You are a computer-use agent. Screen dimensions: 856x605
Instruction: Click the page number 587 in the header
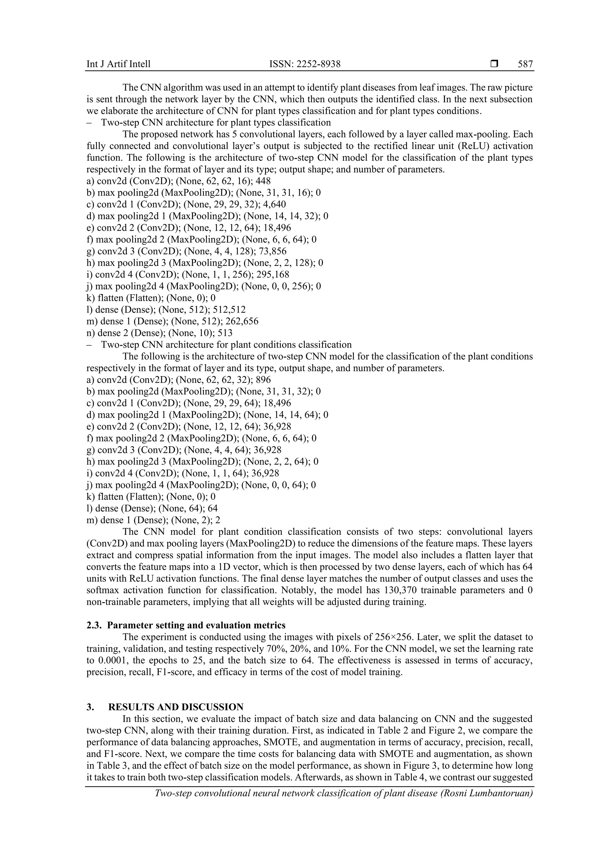point(525,64)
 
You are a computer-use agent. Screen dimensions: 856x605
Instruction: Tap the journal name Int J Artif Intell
point(118,64)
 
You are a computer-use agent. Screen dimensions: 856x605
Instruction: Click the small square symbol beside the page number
point(494,64)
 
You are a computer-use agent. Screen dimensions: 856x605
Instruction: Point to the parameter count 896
point(263,380)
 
